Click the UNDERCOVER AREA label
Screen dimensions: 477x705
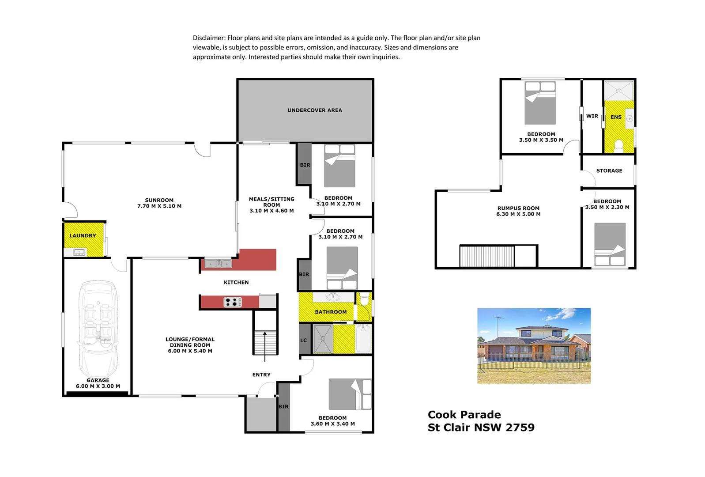click(x=314, y=110)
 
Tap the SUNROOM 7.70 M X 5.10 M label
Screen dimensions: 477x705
click(x=159, y=203)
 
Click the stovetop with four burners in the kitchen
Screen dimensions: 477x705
click(x=230, y=302)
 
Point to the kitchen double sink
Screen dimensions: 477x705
click(x=218, y=264)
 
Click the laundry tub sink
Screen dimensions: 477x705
click(x=79, y=253)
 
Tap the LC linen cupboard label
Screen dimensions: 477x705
click(x=304, y=341)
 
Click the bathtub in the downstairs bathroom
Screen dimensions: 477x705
click(x=363, y=339)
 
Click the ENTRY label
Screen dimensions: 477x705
click(x=261, y=375)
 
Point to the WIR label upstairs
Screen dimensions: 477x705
click(x=592, y=116)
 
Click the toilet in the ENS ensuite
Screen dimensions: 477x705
click(x=618, y=146)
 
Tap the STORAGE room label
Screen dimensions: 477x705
click(x=609, y=170)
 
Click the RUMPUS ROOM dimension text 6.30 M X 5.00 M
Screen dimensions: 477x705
click(x=518, y=214)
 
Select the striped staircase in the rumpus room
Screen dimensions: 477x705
click(x=487, y=256)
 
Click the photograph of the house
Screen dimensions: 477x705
click(x=534, y=345)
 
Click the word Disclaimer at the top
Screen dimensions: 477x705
click(x=208, y=38)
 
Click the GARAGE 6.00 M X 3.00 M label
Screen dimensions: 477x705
click(x=98, y=383)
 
